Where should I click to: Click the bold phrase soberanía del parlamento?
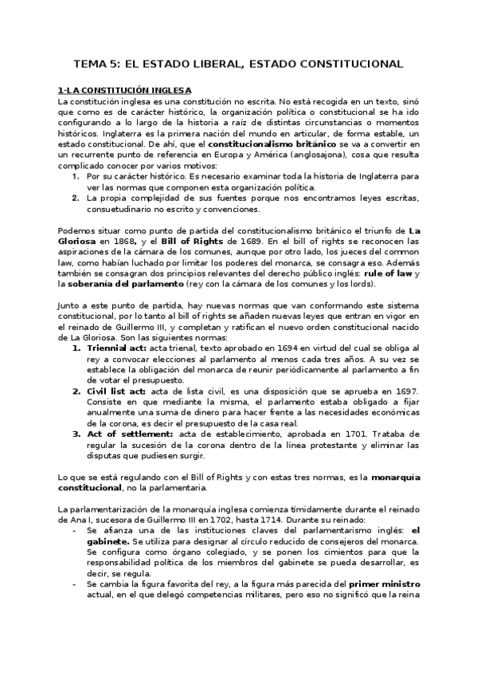click(x=112, y=285)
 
